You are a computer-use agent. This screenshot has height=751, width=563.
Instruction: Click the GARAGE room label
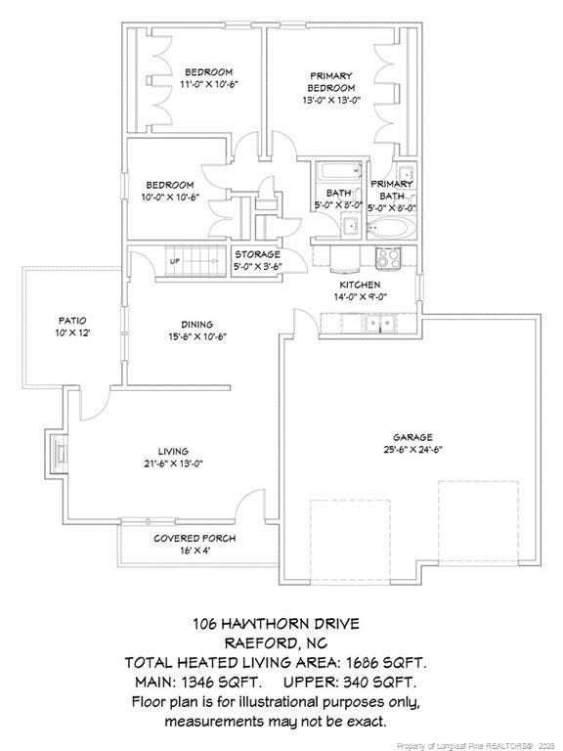(x=412, y=437)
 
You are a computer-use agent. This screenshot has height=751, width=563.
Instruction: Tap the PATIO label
(x=72, y=320)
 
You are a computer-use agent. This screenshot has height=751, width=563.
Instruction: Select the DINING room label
(x=196, y=325)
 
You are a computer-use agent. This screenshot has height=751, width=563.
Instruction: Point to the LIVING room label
(x=173, y=451)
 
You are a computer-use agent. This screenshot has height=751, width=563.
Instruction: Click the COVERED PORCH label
(x=195, y=539)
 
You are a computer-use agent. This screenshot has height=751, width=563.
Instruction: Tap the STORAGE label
(x=256, y=254)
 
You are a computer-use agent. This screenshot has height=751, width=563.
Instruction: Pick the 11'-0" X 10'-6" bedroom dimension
(x=209, y=85)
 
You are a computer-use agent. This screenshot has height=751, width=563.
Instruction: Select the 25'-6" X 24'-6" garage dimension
(x=412, y=451)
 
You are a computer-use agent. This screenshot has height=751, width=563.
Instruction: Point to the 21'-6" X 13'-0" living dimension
(x=173, y=464)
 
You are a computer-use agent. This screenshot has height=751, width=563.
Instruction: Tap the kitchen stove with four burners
(x=388, y=257)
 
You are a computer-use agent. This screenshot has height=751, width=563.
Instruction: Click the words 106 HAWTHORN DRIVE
(x=276, y=623)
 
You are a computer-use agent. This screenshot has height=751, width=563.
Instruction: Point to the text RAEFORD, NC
(x=276, y=642)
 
